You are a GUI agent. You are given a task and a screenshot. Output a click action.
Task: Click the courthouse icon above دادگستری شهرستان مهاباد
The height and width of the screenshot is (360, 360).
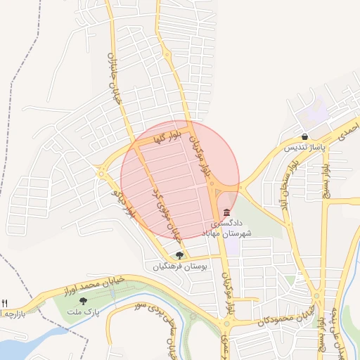pyautogui.click(x=226, y=212)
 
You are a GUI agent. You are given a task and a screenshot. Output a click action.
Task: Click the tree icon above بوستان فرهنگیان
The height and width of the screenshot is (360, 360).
pyautogui.click(x=179, y=255)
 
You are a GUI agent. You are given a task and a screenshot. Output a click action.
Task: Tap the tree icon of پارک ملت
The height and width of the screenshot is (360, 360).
pyautogui.click(x=84, y=301)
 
